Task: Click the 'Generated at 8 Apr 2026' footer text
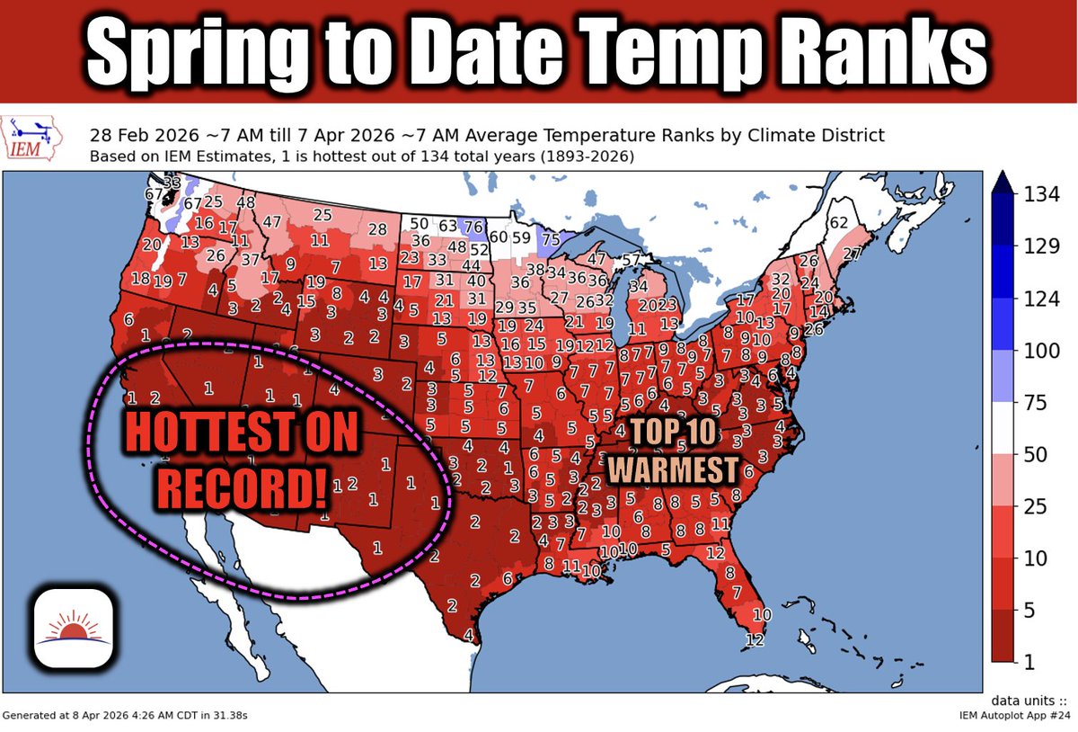(125, 715)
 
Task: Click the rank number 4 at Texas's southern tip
(468, 635)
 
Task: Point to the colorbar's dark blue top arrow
(1004, 182)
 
